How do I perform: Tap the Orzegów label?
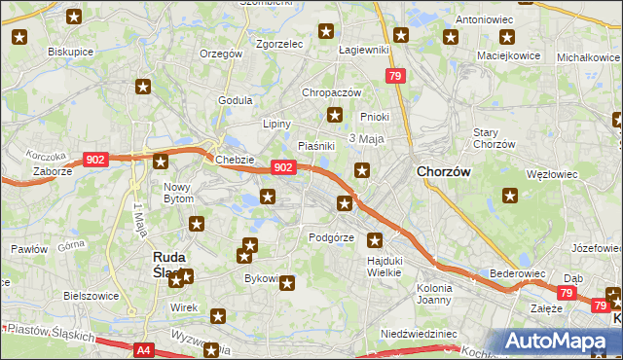point(220,54)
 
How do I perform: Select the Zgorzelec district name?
point(279,44)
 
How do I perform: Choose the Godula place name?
point(236,100)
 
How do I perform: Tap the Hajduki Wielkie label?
point(385,267)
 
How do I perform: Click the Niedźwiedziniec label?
point(420,333)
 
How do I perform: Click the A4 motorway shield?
point(143,349)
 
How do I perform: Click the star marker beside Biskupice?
point(20,38)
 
